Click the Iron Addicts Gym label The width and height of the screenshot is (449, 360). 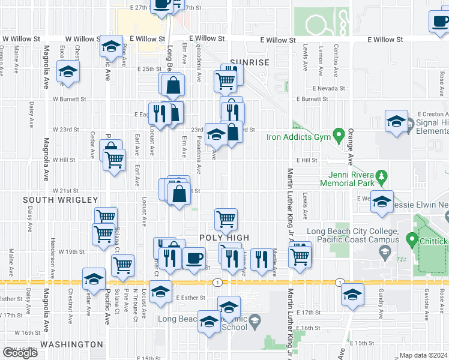298,136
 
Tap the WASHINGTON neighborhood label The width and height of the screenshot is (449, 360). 71,344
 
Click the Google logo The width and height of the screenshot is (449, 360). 20,353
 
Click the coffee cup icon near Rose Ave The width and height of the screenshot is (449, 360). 440,21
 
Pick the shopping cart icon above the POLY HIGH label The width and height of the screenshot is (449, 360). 225,218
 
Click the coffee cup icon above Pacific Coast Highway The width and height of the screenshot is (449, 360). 193,258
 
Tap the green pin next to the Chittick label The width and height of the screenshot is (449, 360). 412,241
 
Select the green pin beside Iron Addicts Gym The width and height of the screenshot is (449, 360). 338,132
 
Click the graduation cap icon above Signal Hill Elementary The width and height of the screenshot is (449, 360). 396,121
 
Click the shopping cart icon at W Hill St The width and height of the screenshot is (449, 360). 114,160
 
